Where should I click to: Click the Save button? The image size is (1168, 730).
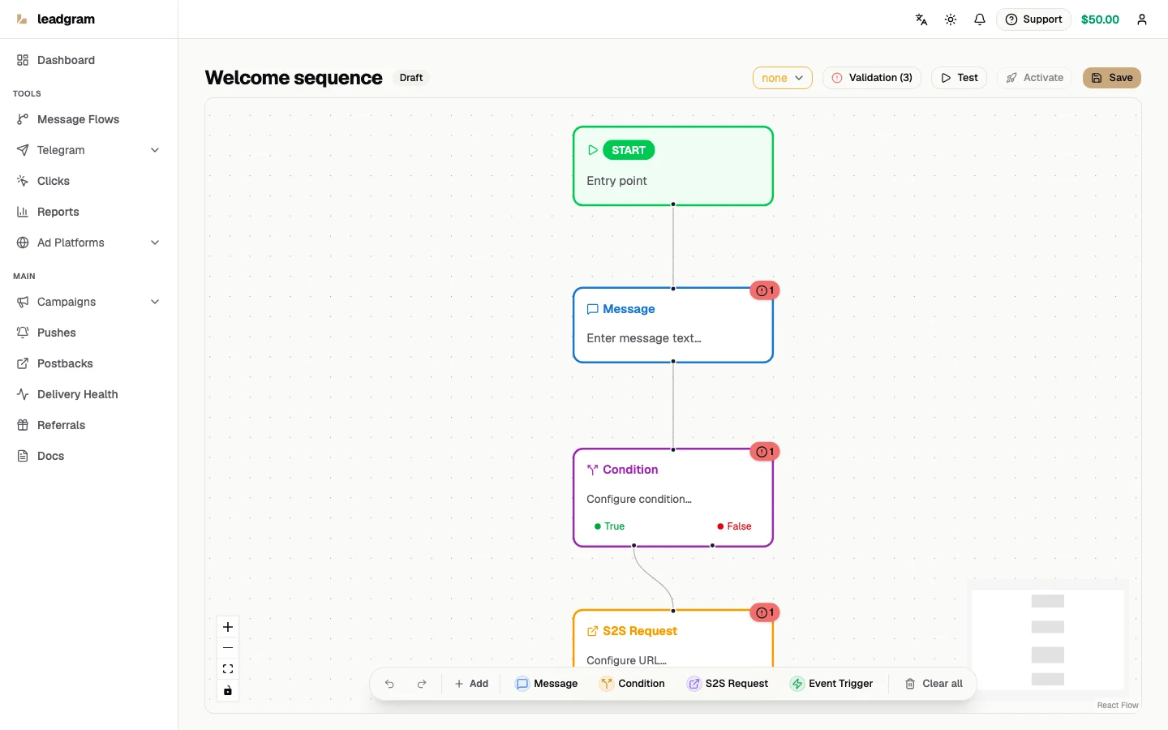coord(1111,78)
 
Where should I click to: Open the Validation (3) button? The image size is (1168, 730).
coord(871,78)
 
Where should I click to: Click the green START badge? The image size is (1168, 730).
coord(629,150)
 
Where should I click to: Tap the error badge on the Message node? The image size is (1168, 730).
coord(764,290)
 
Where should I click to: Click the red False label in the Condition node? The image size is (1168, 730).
coord(739,526)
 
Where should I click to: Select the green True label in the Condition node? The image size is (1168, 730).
coord(614,526)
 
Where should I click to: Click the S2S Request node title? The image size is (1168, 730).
coord(640,631)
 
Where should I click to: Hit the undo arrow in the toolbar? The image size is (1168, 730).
coord(389,684)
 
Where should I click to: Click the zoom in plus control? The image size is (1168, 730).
coord(228,627)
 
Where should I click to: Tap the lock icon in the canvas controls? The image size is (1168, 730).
coord(228,691)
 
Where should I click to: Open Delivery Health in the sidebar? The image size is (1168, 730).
coord(77,394)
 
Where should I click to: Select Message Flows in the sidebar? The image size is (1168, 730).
coord(78,119)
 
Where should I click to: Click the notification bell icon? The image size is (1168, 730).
coord(980,19)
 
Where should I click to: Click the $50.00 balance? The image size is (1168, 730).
coord(1100,19)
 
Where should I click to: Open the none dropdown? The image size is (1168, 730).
coord(782,78)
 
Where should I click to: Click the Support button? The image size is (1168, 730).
coord(1033,19)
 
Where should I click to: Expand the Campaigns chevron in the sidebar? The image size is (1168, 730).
coord(155,302)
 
